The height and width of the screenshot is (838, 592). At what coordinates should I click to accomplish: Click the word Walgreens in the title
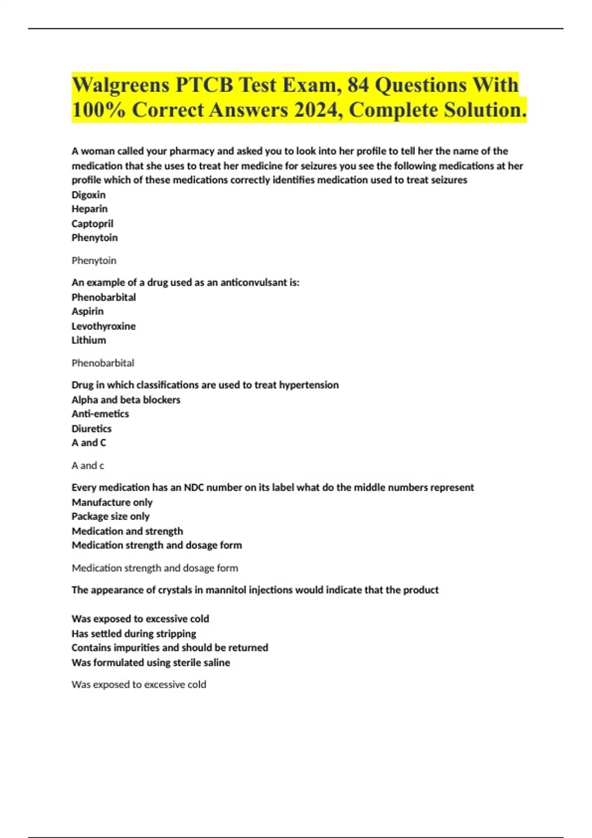120,85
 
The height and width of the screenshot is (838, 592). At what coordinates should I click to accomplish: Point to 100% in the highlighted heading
98,110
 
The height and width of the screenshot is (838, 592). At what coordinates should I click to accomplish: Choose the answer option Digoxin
88,195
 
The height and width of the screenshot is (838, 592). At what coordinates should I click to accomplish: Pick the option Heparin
89,209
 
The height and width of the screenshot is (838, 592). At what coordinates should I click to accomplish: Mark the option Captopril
92,224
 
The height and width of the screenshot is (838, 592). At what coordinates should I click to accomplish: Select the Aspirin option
87,312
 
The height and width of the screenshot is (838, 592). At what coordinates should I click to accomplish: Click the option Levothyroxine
103,326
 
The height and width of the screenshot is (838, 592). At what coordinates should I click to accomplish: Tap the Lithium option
88,340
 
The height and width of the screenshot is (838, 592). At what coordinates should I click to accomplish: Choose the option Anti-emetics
100,414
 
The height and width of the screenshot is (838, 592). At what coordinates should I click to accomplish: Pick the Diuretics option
91,429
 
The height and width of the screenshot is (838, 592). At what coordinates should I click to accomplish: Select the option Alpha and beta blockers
126,400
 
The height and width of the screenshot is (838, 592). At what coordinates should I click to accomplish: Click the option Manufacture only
112,502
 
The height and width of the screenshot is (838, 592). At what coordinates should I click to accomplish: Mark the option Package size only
111,517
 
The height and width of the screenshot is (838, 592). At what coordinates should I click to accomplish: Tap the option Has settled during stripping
134,633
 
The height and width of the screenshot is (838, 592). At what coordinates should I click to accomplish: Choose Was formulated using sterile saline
150,663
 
